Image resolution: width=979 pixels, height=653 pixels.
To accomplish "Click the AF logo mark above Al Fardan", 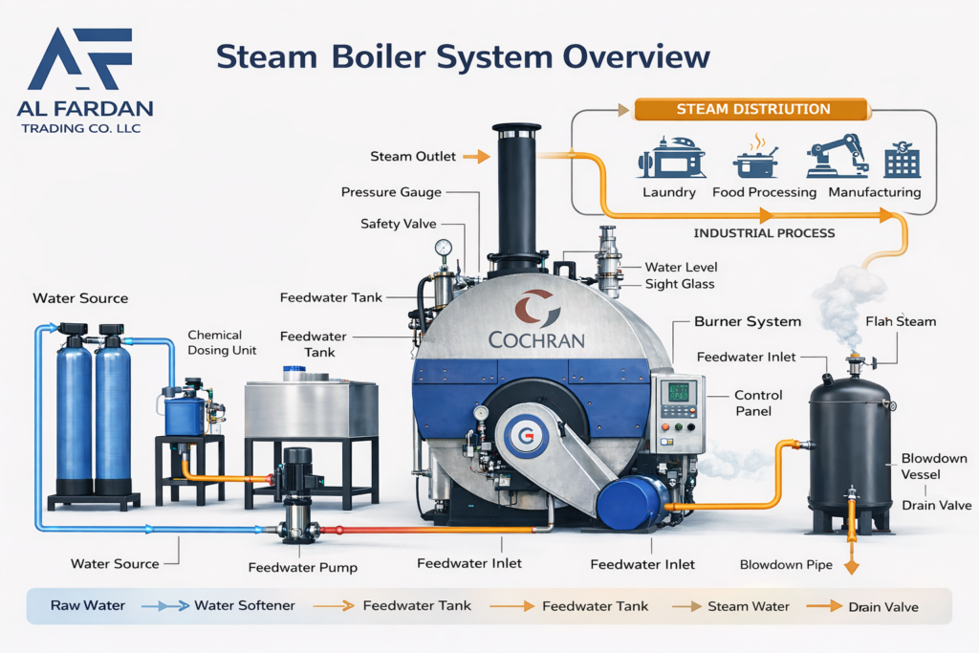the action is click(x=81, y=58).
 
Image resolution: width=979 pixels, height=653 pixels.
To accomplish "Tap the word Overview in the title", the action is click(x=636, y=56).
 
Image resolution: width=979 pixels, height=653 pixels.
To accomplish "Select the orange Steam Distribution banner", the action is click(x=752, y=109).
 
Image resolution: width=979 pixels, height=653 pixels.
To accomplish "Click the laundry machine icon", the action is click(x=671, y=158).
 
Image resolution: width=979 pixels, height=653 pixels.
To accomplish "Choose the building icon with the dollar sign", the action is click(x=903, y=160).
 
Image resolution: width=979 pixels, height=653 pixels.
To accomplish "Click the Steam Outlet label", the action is click(x=413, y=156).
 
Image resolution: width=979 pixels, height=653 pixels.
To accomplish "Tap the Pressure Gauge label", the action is click(x=391, y=192).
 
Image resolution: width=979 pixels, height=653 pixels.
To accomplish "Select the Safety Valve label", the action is click(x=399, y=224).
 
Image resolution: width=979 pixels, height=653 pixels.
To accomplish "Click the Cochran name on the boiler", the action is click(x=536, y=339).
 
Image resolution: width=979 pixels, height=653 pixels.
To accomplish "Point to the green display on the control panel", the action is click(x=678, y=392).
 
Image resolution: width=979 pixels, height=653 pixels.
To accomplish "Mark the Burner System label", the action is click(x=748, y=321).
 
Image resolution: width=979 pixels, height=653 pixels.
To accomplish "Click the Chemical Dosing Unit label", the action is click(x=222, y=342).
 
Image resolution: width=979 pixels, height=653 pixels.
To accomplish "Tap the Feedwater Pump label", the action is click(x=303, y=568).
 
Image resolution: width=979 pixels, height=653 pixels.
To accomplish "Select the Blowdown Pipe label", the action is click(x=786, y=564).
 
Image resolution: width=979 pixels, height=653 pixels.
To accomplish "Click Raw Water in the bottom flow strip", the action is click(x=87, y=605).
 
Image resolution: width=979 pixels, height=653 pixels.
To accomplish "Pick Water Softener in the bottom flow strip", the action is click(x=244, y=605).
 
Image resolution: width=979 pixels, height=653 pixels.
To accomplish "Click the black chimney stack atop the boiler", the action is click(x=515, y=200).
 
